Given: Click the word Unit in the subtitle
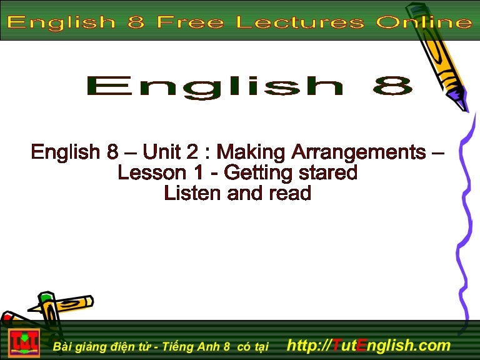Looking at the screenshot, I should pyautogui.click(x=161, y=152).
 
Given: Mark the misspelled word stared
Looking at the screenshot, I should pyautogui.click(x=328, y=172).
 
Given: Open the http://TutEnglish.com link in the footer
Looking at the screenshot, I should pyautogui.click(x=367, y=344).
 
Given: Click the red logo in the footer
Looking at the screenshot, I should pyautogui.click(x=24, y=343).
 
